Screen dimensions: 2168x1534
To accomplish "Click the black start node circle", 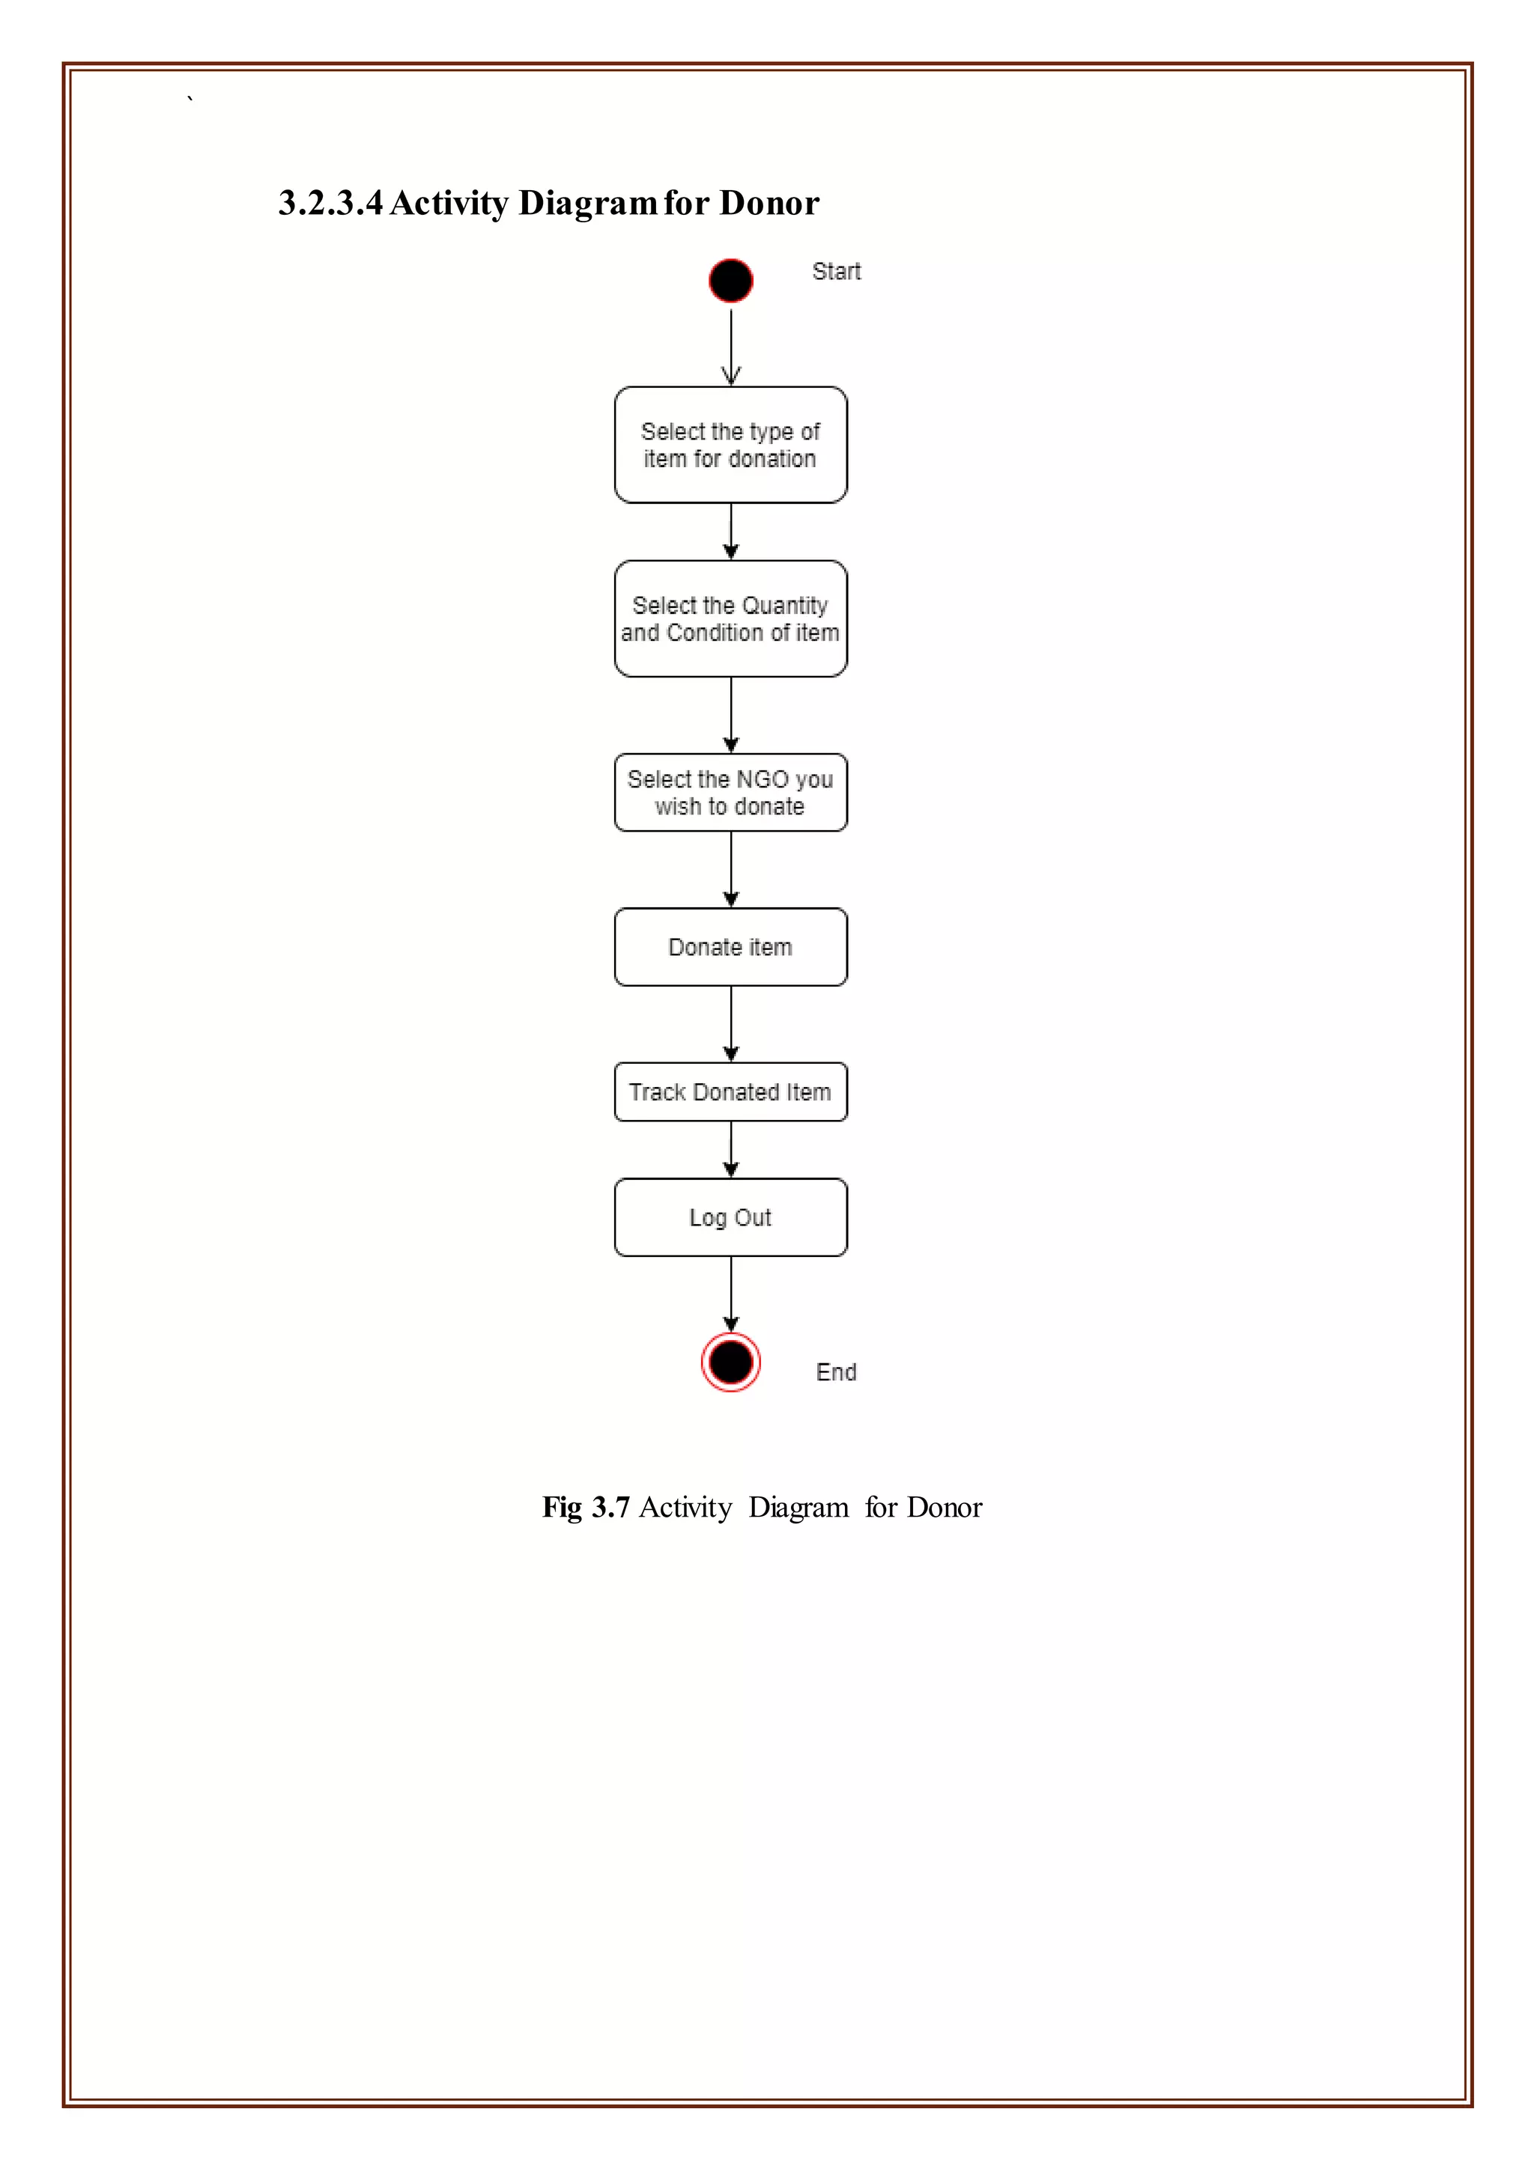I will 730,281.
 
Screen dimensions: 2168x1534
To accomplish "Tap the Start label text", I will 836,272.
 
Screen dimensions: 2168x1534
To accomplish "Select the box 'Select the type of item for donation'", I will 730,445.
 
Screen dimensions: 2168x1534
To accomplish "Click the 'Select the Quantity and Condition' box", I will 730,618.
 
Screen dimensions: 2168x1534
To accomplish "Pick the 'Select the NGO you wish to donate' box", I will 730,792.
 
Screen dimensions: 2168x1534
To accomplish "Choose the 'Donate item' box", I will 730,947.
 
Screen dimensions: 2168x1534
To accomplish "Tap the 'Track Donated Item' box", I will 730,1092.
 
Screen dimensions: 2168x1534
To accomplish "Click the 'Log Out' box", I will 730,1217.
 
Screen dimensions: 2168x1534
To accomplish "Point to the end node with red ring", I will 730,1362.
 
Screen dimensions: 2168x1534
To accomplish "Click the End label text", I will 836,1372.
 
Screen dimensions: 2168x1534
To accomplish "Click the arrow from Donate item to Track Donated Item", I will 730,1025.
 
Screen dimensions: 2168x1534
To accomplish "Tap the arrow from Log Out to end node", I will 730,1294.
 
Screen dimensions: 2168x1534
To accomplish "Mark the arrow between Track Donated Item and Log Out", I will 730,1150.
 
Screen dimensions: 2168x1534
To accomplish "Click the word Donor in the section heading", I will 769,203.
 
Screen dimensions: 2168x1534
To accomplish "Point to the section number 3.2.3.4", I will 330,203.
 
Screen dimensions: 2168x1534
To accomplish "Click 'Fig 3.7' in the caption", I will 586,1507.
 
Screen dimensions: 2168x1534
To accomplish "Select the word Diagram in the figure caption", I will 798,1507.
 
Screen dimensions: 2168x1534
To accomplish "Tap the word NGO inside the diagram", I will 761,780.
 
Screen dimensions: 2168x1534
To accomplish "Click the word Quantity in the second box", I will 784,606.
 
